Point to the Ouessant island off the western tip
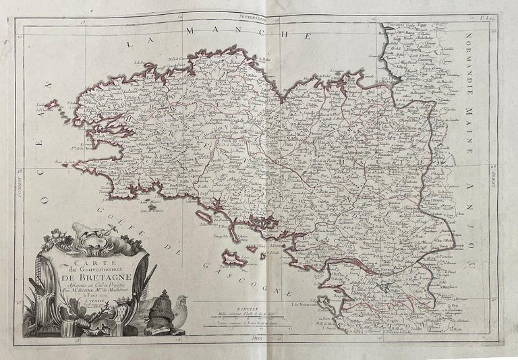click(51, 106)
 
